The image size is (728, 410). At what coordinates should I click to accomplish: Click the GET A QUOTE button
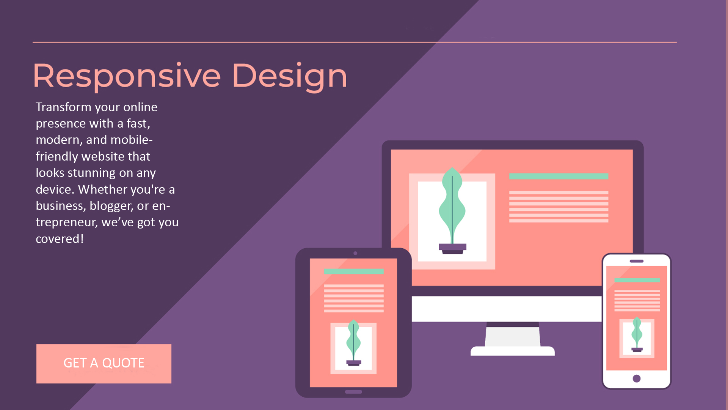pos(104,364)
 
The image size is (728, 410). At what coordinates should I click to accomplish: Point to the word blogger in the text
pos(111,206)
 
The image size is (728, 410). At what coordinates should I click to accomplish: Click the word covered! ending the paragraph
pos(60,239)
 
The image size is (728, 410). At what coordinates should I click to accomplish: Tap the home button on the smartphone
pos(637,378)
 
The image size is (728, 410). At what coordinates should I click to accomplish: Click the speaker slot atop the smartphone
pos(637,261)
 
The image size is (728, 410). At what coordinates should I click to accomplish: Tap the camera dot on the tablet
pos(355,253)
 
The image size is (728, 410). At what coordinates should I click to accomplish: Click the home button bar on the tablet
pos(353,392)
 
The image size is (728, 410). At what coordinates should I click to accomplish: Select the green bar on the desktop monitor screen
pos(559,176)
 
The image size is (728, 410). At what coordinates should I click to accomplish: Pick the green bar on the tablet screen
pos(354,271)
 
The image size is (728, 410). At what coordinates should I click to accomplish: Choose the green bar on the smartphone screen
pos(637,280)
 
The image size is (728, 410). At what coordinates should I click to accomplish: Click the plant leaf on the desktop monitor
pos(452,205)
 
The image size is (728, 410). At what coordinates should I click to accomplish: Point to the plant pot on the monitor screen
pos(452,249)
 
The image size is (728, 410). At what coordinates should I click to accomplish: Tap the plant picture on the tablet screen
pos(353,348)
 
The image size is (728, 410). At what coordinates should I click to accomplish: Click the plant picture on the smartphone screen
pos(637,338)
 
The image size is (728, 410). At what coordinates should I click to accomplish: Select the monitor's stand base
pos(513,351)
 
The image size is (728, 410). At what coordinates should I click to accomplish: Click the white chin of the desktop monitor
pos(507,309)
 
